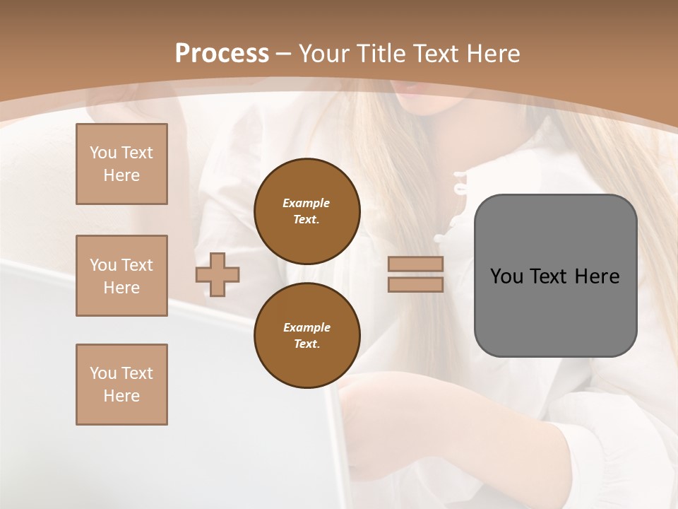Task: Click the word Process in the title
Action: pyautogui.click(x=222, y=54)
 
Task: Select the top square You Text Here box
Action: pyautogui.click(x=121, y=164)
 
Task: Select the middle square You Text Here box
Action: pyautogui.click(x=121, y=276)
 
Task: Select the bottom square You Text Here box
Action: pyautogui.click(x=121, y=385)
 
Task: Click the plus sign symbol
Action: pyautogui.click(x=218, y=274)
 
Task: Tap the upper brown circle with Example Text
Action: pyautogui.click(x=307, y=211)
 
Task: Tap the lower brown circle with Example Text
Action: pyautogui.click(x=307, y=336)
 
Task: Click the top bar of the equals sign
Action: pyautogui.click(x=416, y=264)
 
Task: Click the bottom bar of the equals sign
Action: pyautogui.click(x=416, y=284)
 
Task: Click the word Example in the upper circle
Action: pyautogui.click(x=307, y=203)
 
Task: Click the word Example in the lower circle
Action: pyautogui.click(x=307, y=327)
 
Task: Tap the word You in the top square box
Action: pyautogui.click(x=103, y=153)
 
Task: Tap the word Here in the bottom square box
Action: pyautogui.click(x=121, y=396)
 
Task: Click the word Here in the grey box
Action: pyautogui.click(x=597, y=276)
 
